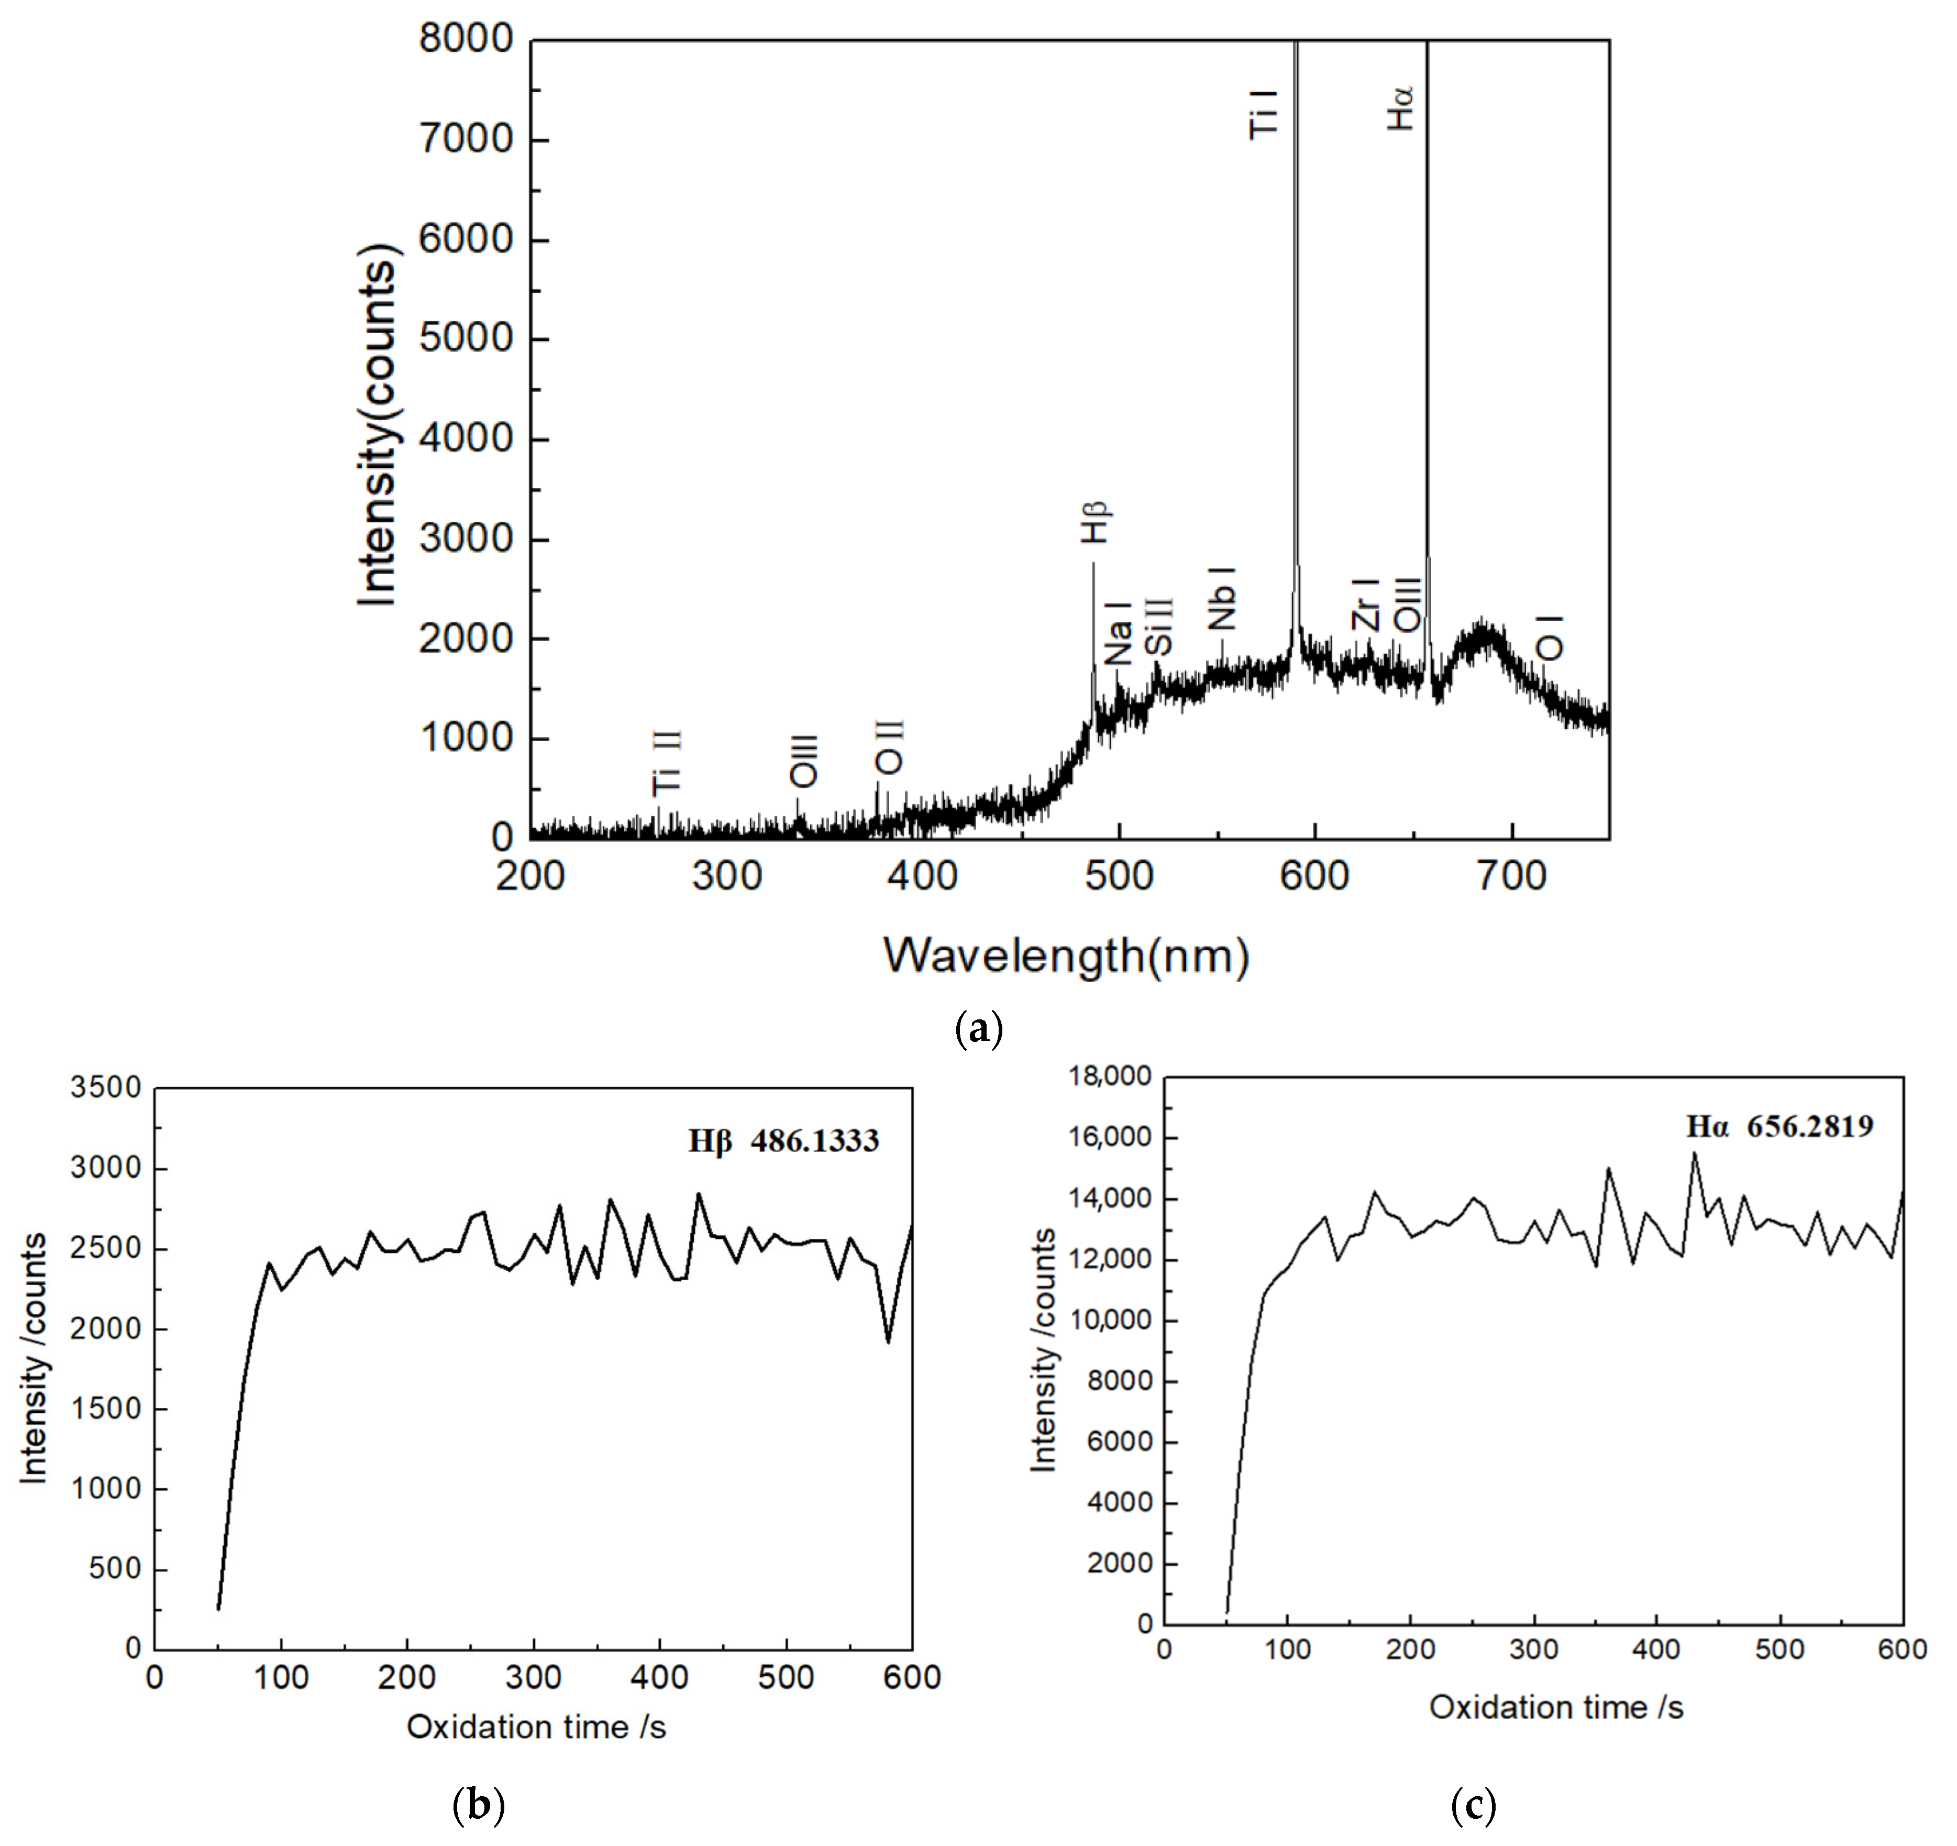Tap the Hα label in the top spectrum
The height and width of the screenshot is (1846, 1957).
coord(1401,108)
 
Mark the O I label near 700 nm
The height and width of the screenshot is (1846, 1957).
coord(1550,637)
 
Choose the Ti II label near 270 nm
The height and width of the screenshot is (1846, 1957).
coord(667,763)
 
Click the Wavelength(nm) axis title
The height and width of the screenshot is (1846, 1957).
coord(1066,955)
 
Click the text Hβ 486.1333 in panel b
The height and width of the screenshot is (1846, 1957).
coord(782,1141)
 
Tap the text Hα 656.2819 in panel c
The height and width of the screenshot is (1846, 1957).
coord(1779,1126)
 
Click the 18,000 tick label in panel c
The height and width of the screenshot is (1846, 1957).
coord(1110,1076)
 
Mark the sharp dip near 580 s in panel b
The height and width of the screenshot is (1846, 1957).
coord(889,1341)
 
